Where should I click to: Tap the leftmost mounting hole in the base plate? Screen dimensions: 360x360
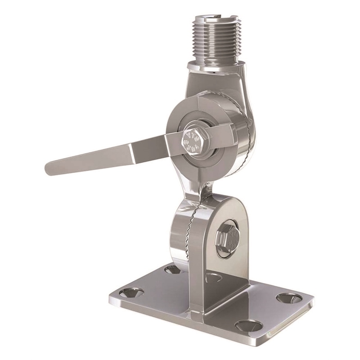click(131, 293)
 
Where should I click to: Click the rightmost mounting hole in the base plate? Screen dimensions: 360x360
click(288, 297)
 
